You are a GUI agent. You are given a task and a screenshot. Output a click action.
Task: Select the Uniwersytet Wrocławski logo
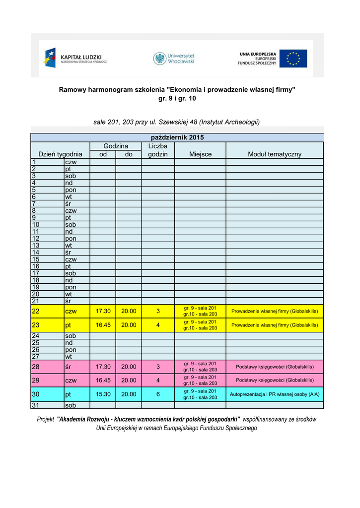tap(174, 58)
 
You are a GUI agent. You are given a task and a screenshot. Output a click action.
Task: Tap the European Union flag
tap(292, 58)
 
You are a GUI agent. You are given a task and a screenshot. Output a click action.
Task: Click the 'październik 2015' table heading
tap(177, 137)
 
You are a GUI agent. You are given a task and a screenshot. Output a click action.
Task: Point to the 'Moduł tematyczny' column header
tap(275, 154)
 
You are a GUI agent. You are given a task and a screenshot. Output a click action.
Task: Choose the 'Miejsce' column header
tap(200, 154)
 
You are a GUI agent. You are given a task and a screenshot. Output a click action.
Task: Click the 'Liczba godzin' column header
tap(158, 150)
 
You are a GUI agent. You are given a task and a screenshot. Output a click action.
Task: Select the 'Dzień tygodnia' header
tap(60, 154)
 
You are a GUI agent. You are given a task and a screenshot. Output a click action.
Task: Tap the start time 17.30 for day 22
tap(103, 311)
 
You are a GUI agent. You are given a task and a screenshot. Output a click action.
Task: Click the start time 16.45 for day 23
tap(103, 325)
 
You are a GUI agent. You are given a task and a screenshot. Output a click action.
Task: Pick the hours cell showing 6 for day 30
tap(158, 394)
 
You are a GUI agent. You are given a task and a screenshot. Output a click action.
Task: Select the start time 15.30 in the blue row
tap(103, 394)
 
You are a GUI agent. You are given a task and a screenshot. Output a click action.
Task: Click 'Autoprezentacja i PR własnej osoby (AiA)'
tap(275, 395)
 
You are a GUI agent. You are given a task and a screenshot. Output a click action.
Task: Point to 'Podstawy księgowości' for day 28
tap(275, 367)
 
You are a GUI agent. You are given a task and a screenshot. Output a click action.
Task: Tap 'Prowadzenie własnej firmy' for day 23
tap(275, 325)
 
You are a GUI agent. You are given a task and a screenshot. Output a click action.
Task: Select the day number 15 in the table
tap(36, 259)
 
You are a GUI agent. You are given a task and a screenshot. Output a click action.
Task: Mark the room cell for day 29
tap(200, 381)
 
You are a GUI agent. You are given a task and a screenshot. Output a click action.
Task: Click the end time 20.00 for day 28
tap(129, 367)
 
